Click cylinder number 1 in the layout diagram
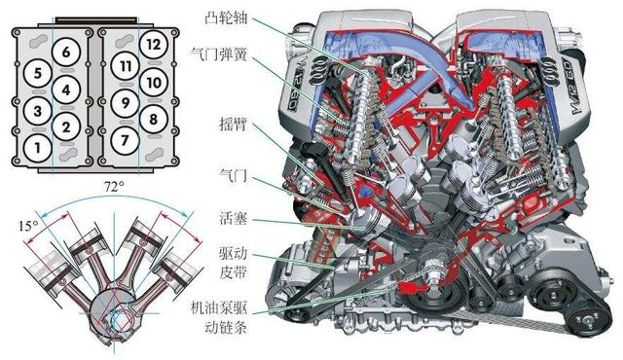(37, 148)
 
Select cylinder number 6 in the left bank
(64, 52)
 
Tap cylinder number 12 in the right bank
(152, 44)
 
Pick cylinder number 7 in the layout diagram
(124, 139)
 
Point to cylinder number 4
(64, 90)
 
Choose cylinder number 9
(125, 101)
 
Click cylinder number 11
(125, 65)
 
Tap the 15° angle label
(26, 225)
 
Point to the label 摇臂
(236, 124)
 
